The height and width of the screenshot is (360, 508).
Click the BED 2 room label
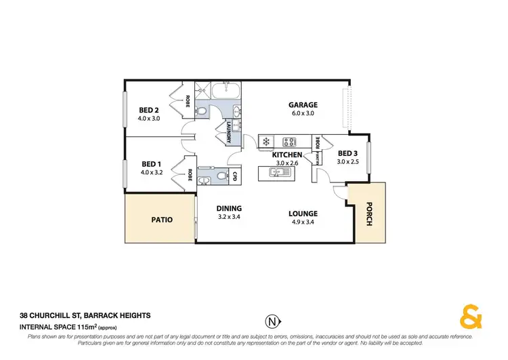pyautogui.click(x=149, y=110)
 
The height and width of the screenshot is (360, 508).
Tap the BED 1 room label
pyautogui.click(x=149, y=163)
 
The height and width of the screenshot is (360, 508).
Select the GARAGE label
pyautogui.click(x=303, y=105)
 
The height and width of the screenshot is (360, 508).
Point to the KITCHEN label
pyautogui.click(x=287, y=155)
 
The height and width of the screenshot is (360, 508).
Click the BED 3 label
pyautogui.click(x=348, y=153)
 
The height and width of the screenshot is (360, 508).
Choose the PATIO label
pyautogui.click(x=161, y=220)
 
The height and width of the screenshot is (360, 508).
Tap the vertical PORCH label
pyautogui.click(x=369, y=214)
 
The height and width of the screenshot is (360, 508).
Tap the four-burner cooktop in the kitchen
pyautogui.click(x=291, y=142)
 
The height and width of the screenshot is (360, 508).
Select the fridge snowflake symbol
pyautogui.click(x=266, y=142)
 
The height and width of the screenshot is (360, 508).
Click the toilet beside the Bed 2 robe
pyautogui.click(x=201, y=111)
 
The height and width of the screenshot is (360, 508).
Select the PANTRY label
pyautogui.click(x=316, y=158)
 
